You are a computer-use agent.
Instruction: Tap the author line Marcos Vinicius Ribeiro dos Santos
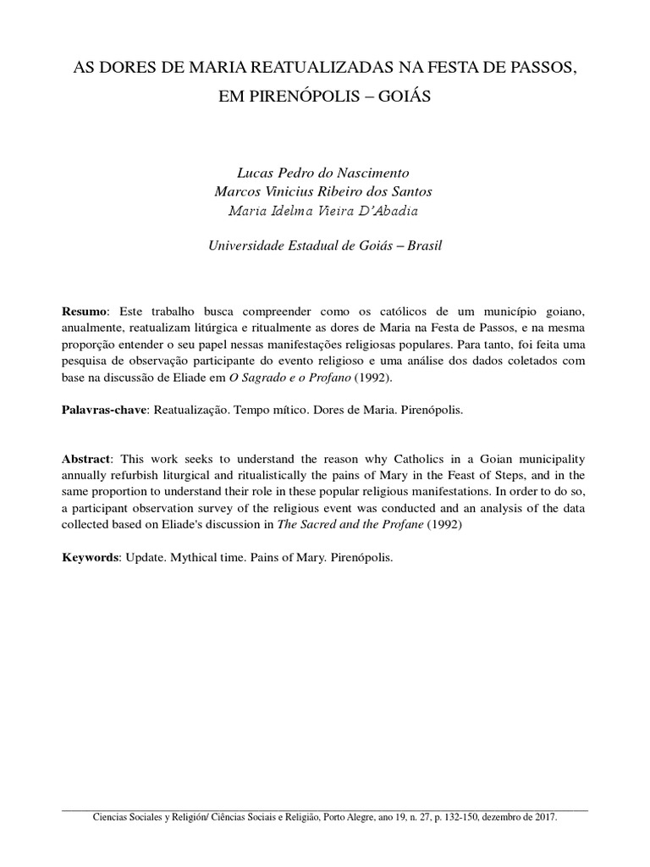(x=325, y=191)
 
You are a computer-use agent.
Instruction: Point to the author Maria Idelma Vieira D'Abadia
(x=325, y=211)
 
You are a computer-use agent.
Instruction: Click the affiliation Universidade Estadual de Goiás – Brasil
(x=325, y=246)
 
